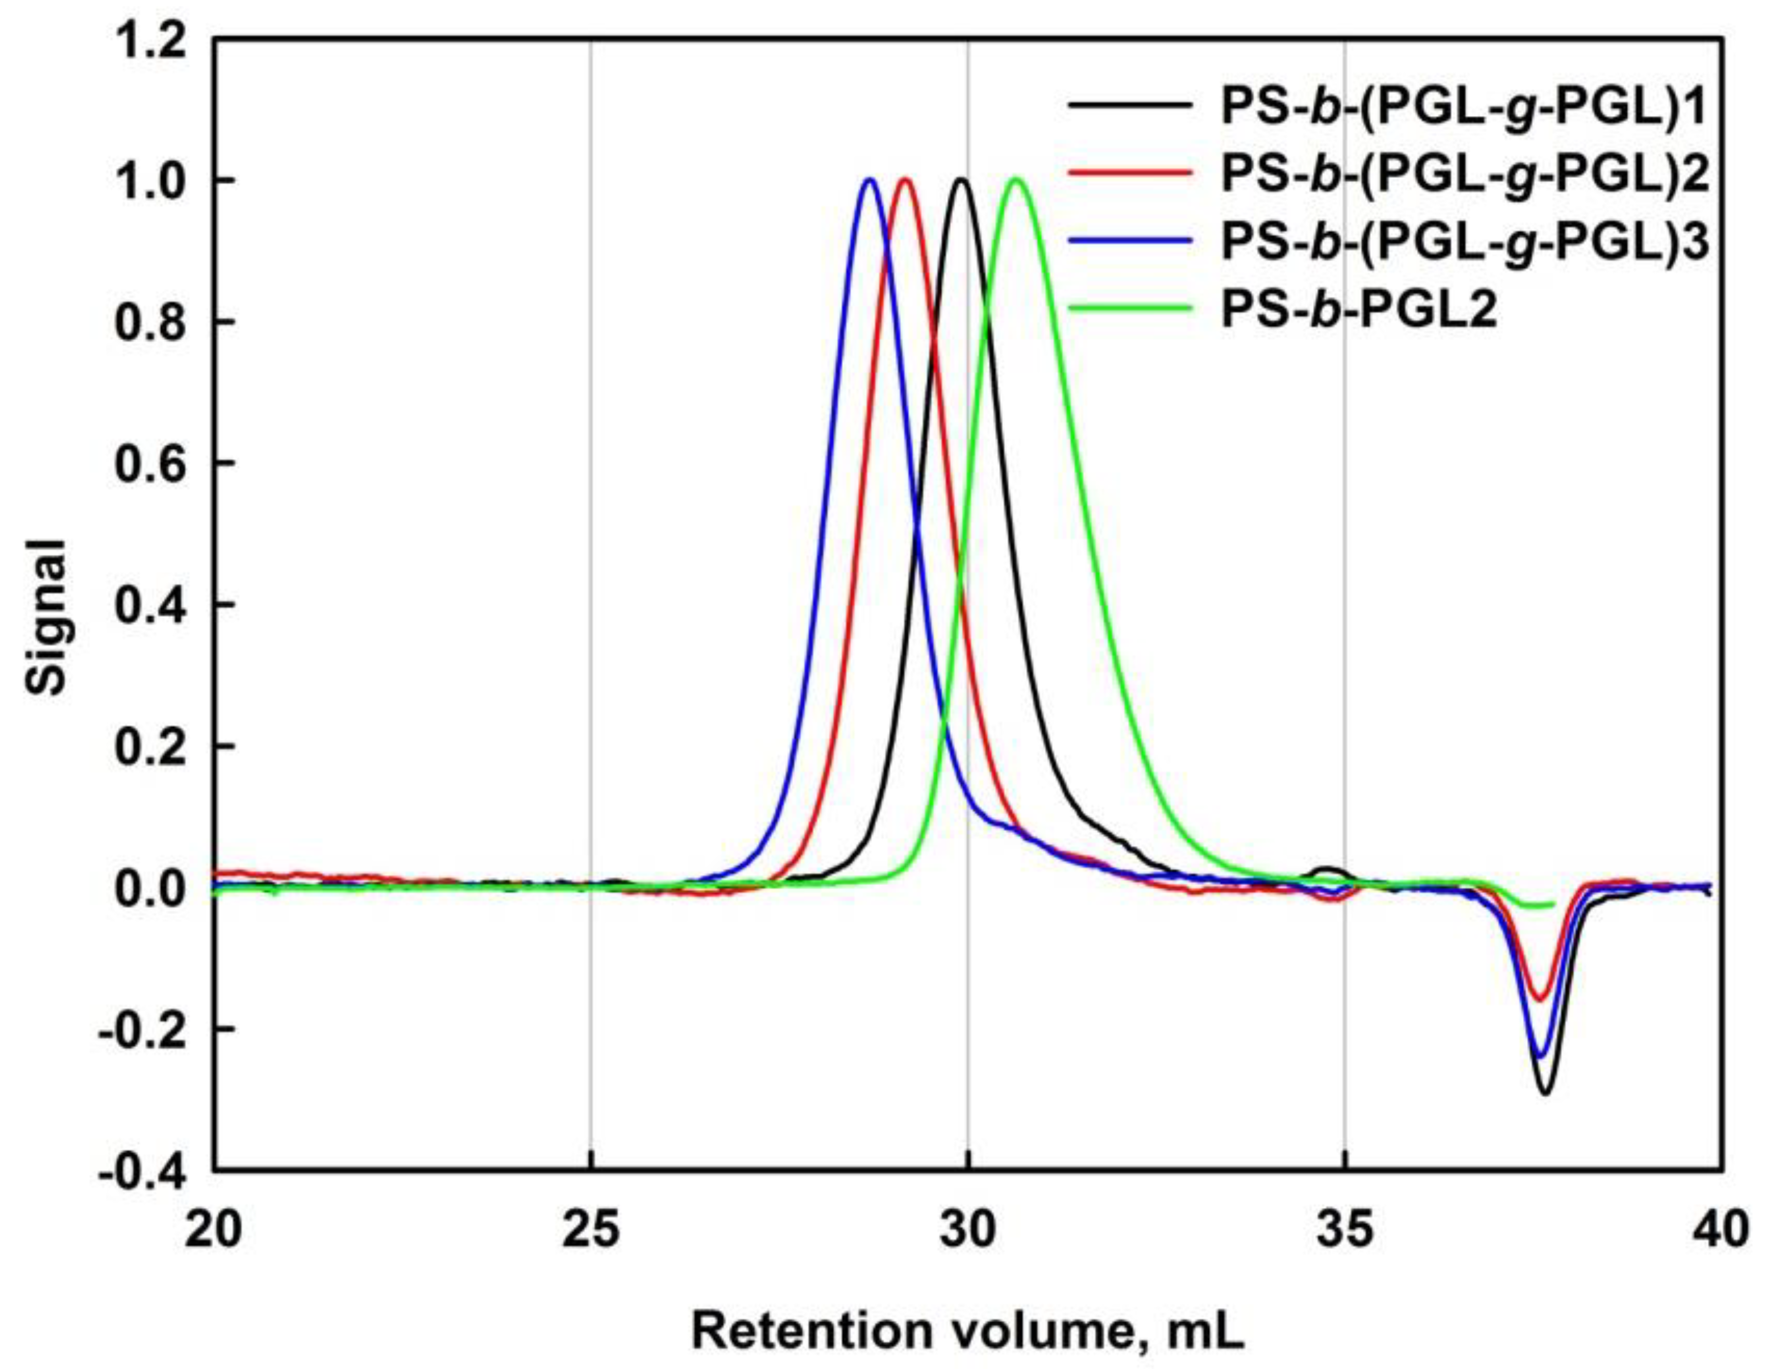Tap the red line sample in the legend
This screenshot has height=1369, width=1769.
[1130, 173]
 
